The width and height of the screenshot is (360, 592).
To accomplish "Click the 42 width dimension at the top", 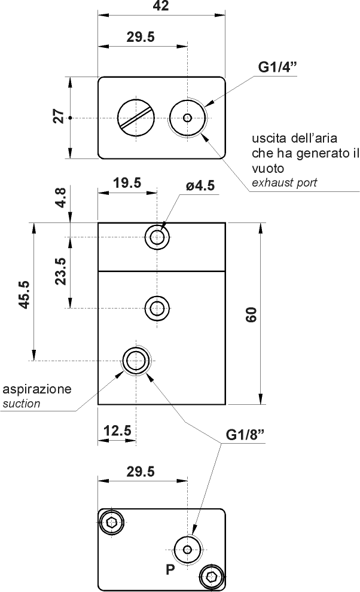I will point(161,7).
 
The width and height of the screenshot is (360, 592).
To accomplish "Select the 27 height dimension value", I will point(59,117).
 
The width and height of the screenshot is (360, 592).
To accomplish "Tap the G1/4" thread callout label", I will point(278,68).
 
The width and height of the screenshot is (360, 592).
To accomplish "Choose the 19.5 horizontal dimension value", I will point(127,183).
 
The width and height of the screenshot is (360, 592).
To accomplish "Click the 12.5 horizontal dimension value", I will point(117,431).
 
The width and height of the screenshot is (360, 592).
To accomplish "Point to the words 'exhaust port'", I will point(284,182).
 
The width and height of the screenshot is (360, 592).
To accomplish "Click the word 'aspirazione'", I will point(37,389).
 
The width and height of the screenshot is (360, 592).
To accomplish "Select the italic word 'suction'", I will point(22,404).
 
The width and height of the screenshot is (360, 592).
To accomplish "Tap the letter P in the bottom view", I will point(170,570).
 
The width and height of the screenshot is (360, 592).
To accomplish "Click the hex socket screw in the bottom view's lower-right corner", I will point(211,576).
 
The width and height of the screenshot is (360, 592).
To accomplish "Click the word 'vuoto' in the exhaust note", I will point(267,168).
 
